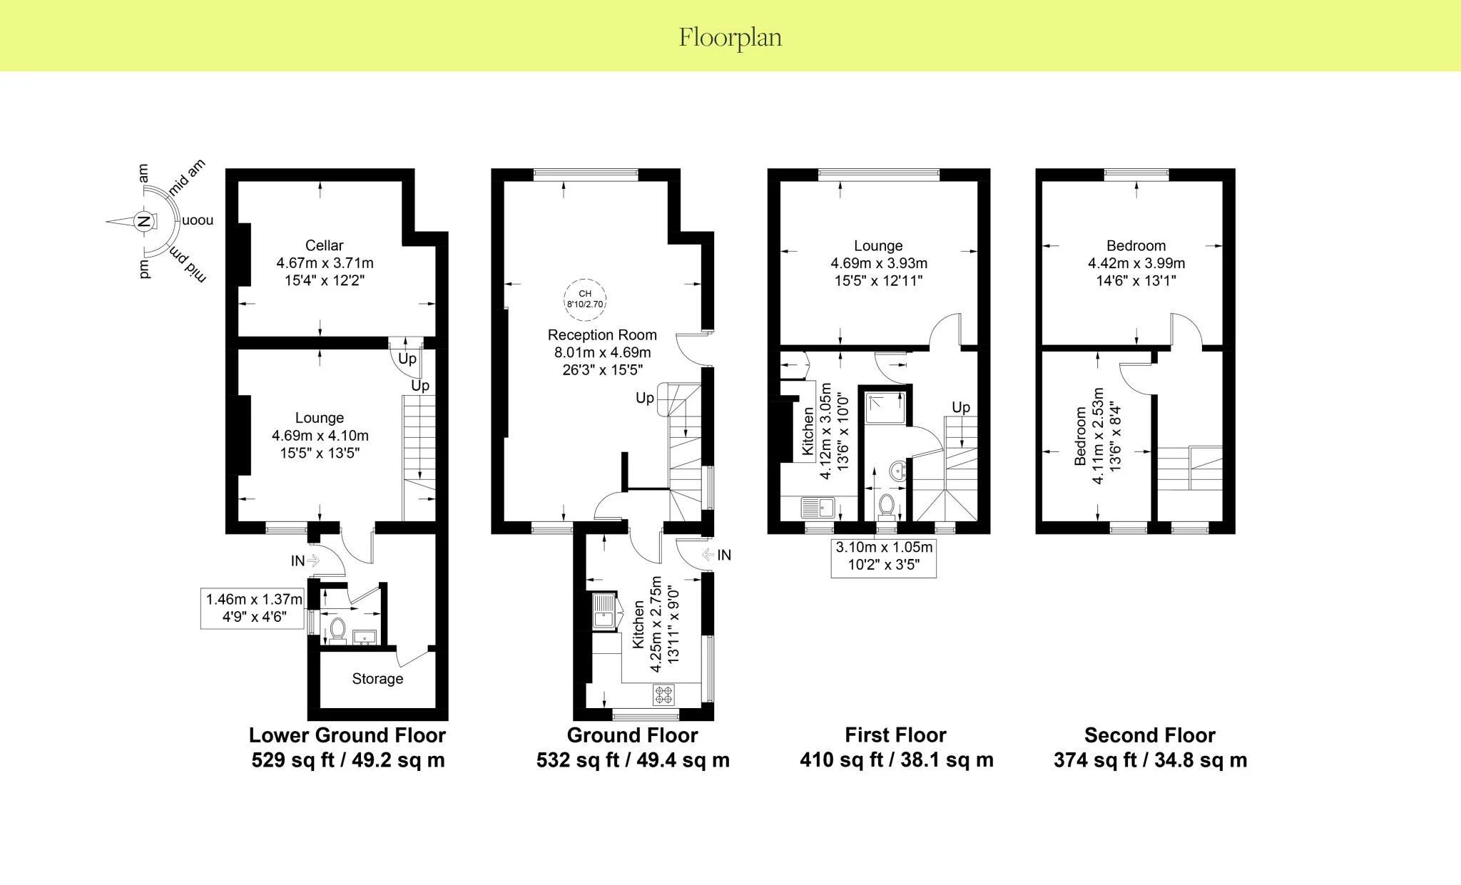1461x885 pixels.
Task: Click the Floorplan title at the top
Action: click(x=730, y=37)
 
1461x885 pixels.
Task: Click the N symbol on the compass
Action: click(x=143, y=221)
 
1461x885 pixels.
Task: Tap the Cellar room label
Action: click(x=325, y=245)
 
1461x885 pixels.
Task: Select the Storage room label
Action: click(x=377, y=679)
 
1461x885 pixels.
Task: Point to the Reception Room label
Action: click(x=602, y=335)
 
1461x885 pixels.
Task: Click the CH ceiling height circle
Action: click(x=585, y=299)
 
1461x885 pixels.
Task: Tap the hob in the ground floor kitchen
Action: click(x=663, y=694)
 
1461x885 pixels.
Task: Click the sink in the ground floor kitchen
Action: click(x=604, y=611)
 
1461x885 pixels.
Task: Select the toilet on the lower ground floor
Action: click(x=337, y=630)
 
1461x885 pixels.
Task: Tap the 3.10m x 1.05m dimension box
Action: click(x=884, y=557)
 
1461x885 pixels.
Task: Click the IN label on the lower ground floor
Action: click(x=297, y=561)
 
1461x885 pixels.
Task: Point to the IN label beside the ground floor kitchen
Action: click(x=724, y=555)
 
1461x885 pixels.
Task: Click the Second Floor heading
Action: click(x=1150, y=735)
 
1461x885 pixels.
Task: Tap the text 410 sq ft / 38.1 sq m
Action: click(x=897, y=760)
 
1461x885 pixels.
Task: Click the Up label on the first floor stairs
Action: click(x=961, y=407)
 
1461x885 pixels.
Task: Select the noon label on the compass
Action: click(x=198, y=220)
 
